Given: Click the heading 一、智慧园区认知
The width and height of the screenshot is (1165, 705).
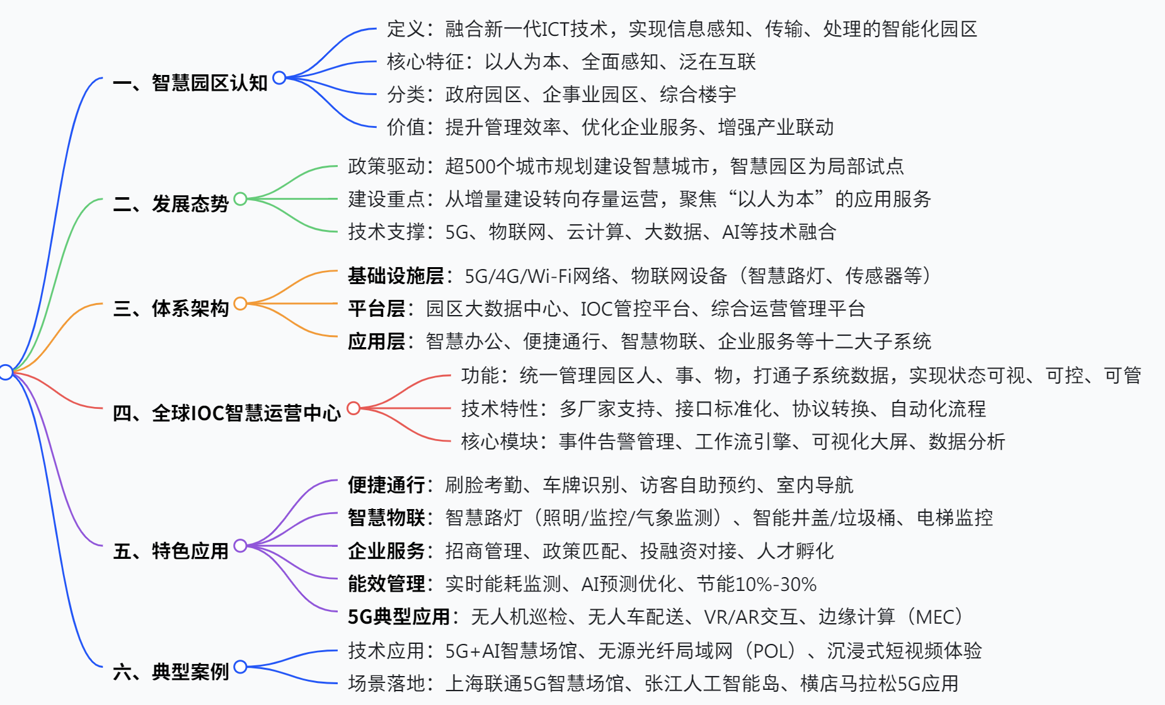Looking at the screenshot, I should click(190, 83).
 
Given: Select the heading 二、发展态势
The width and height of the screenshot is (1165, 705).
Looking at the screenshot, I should click(171, 203).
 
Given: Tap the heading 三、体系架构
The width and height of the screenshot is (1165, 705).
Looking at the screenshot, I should click(171, 308).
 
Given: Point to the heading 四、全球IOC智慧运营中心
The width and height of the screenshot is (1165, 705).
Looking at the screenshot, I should click(227, 413).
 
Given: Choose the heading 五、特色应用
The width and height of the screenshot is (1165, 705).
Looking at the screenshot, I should click(171, 551).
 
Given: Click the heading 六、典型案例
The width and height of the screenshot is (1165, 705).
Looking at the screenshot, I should click(171, 672).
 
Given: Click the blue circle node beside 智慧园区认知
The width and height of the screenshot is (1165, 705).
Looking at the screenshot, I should click(279, 78).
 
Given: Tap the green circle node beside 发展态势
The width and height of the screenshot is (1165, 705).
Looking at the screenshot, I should click(240, 199).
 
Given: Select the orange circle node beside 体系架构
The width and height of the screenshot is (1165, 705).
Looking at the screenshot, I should click(240, 304).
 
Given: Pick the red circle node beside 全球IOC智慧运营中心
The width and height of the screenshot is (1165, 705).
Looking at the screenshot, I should click(353, 408).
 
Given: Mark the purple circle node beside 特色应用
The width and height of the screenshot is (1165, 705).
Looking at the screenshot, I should click(240, 546).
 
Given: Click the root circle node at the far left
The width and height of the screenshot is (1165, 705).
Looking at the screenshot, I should click(6, 372).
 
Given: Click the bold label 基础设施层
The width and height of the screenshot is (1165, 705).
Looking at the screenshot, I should click(396, 275).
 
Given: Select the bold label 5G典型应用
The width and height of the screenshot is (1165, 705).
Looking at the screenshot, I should click(399, 616).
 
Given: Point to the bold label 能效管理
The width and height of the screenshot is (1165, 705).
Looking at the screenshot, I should click(386, 583).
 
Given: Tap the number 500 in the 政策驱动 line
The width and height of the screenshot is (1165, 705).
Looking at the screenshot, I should click(480, 166).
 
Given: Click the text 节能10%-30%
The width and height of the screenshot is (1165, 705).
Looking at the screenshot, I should click(757, 583).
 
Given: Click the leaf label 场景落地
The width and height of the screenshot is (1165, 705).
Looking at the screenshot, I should click(386, 683).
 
